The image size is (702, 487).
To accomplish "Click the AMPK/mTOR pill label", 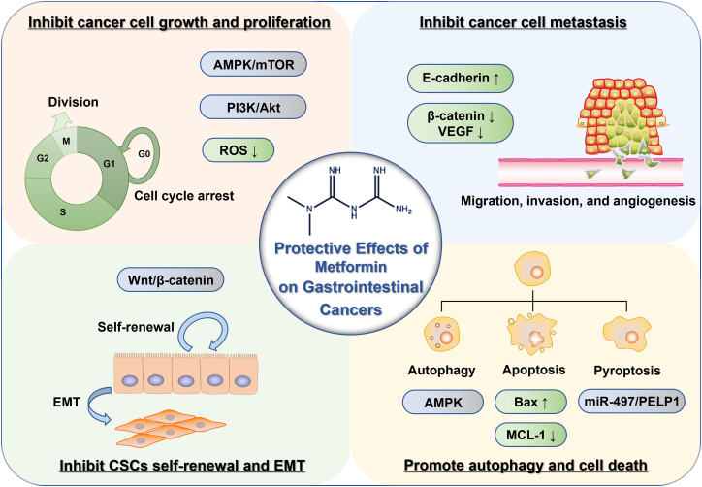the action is [x=253, y=64].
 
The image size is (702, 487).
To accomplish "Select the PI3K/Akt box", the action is [x=253, y=107].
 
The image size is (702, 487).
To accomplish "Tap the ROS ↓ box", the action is [x=239, y=150].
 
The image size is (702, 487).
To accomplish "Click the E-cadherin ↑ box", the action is [x=461, y=79].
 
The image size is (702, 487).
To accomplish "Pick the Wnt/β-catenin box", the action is [x=171, y=280].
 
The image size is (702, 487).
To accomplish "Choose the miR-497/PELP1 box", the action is [x=632, y=401].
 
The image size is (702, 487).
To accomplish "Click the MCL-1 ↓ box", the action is [x=530, y=435].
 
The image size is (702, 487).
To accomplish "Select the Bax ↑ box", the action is [x=530, y=402].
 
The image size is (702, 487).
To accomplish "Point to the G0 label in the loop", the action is [x=144, y=154].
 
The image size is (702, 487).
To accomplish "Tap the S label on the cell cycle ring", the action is [x=63, y=211].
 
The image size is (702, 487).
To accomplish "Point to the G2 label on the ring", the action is [x=43, y=158].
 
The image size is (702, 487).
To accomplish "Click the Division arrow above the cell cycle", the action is [x=59, y=120].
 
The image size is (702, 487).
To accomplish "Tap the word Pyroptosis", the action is [x=626, y=371].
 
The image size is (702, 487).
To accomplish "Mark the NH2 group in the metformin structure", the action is [x=403, y=210].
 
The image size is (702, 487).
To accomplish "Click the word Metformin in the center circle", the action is [x=351, y=267].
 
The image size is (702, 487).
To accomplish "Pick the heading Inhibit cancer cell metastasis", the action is [x=523, y=22].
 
